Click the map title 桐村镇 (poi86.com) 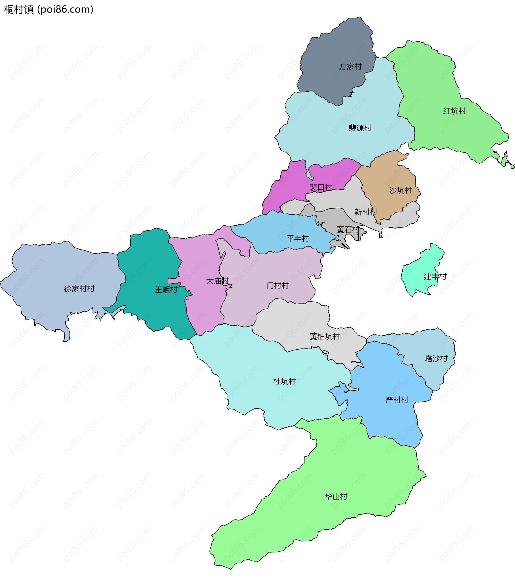(x=49, y=9)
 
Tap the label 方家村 (x=350, y=67)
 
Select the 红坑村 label (x=454, y=111)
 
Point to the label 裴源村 (x=360, y=128)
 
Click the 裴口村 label (x=321, y=187)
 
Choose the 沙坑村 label (x=400, y=190)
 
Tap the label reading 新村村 (x=366, y=212)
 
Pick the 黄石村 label (x=348, y=229)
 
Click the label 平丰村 (x=297, y=238)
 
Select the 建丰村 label (x=435, y=276)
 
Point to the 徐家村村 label (x=79, y=289)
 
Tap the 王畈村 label (x=166, y=289)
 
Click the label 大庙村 (x=217, y=281)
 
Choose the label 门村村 (x=277, y=285)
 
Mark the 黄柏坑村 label (x=325, y=336)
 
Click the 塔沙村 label (x=436, y=358)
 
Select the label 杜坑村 (x=284, y=381)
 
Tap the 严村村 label (x=397, y=400)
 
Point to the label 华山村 (x=336, y=496)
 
